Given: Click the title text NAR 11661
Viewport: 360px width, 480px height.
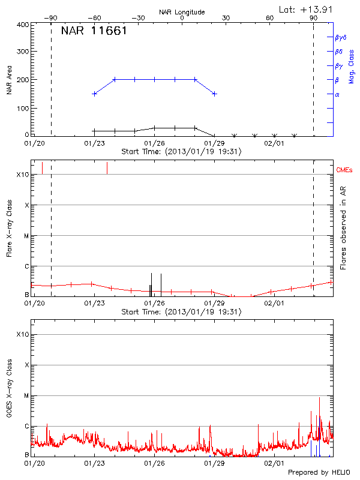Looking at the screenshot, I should [94, 31].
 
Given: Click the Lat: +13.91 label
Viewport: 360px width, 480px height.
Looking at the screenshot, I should [307, 9].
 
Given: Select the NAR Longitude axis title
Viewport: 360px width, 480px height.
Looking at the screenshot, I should [182, 12].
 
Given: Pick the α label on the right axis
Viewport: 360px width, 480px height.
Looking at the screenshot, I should [337, 94].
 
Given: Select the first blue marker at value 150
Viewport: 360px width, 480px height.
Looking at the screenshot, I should [94, 94].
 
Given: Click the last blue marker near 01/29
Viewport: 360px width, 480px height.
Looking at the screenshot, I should [214, 94].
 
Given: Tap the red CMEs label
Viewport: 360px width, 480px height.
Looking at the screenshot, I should [346, 170].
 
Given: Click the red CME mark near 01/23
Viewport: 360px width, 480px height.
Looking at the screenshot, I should [107, 168].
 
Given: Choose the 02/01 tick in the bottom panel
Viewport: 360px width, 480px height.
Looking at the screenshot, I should [274, 463].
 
